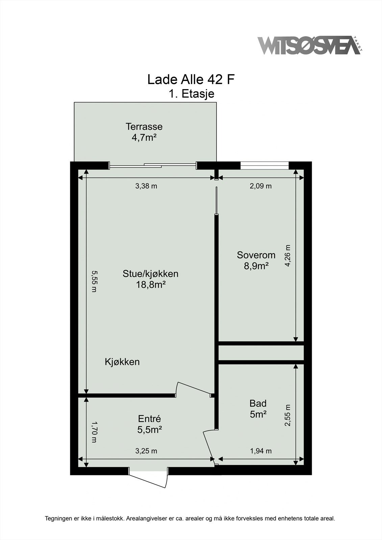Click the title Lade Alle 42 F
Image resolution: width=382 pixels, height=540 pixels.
(x=191, y=80)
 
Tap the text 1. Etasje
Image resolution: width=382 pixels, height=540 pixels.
(x=191, y=93)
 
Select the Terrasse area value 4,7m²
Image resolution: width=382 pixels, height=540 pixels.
(x=144, y=138)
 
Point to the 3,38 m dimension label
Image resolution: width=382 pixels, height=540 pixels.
(x=146, y=186)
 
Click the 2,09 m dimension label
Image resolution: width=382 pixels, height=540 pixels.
(x=260, y=186)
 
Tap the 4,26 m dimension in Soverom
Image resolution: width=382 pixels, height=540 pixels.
(x=287, y=255)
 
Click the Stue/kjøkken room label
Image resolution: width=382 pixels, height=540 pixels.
(x=150, y=273)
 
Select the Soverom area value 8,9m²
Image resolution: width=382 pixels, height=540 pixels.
(x=256, y=266)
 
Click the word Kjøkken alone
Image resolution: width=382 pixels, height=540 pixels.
(x=122, y=362)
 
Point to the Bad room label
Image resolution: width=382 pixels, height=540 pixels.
(x=258, y=403)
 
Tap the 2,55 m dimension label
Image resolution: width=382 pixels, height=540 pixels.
(x=287, y=415)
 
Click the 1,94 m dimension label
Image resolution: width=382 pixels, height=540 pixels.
(x=260, y=451)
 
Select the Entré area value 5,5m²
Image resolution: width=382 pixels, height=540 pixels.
(x=149, y=430)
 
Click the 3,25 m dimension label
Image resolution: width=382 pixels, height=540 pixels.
(x=146, y=451)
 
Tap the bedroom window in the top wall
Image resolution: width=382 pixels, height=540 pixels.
(x=264, y=165)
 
